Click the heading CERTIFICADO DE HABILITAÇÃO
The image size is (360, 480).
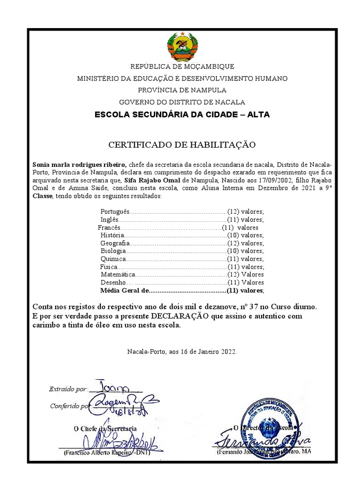coord(182,145)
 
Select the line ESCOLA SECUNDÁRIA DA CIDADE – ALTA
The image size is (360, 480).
coord(182,114)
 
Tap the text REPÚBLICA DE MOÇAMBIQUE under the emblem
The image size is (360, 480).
coord(182,67)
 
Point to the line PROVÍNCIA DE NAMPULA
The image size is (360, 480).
coord(182,90)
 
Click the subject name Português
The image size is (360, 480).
coord(114,211)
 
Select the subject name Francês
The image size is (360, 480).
coord(109,227)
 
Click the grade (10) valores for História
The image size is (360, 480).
coord(245,235)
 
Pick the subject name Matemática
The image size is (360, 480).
coord(118,274)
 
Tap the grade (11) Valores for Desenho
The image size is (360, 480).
coord(245,283)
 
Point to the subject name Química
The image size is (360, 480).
coord(113,259)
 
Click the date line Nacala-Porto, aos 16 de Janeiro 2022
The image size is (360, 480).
coord(182,351)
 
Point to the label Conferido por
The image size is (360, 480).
coord(68,406)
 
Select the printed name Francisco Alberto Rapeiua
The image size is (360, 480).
coord(97,453)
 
